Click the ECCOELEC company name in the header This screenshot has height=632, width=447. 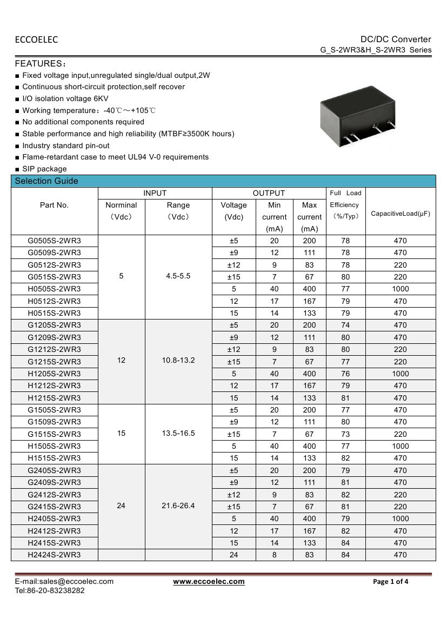[x=36, y=39]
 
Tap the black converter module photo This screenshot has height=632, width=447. [x=357, y=115]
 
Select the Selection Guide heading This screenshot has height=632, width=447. [x=46, y=181]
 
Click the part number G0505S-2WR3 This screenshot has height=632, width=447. [x=54, y=241]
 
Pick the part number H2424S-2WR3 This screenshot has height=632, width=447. [x=54, y=555]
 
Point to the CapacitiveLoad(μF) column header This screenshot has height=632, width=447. [x=400, y=214]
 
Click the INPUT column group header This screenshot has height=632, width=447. [x=155, y=193]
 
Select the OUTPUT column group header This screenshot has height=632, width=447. [x=269, y=193]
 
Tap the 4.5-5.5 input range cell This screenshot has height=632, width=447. [x=178, y=276]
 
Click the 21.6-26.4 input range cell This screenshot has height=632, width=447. [x=178, y=506]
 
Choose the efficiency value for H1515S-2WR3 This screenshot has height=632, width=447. [x=345, y=458]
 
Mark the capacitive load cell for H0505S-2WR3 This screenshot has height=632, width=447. [x=400, y=289]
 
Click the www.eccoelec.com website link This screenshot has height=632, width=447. [x=209, y=582]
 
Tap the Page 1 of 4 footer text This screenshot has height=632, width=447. [x=391, y=582]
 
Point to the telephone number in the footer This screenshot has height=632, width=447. [x=50, y=590]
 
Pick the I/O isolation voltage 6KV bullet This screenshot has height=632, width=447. [x=65, y=98]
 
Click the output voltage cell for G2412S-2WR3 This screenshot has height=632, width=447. [x=233, y=495]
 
